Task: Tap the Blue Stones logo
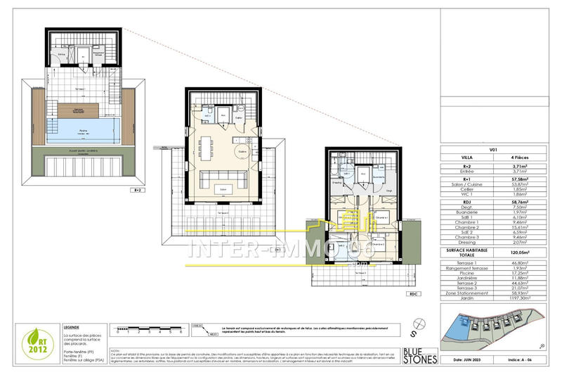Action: tap(421, 355)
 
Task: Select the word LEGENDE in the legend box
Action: tap(72, 327)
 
